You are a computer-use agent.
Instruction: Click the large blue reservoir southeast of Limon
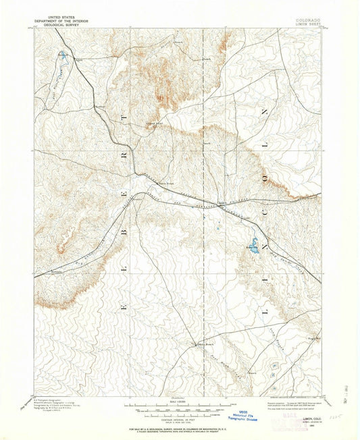pos(253,243)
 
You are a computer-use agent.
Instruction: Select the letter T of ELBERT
pos(124,119)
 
